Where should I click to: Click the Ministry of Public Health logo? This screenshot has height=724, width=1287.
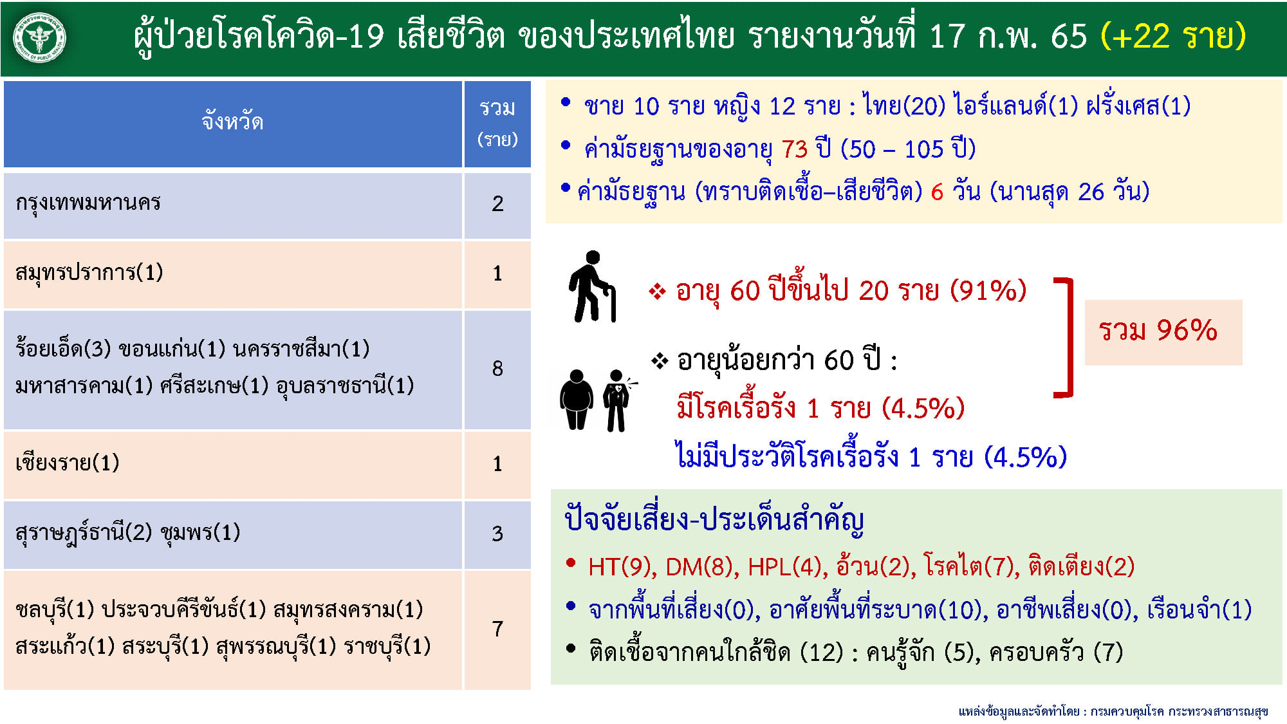point(40,38)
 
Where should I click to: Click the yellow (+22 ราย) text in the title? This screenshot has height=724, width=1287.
point(1173,36)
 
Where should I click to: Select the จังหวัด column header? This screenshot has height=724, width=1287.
point(232,122)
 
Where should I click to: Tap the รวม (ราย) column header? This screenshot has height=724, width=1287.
point(497,122)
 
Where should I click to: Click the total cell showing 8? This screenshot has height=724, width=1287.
point(497,369)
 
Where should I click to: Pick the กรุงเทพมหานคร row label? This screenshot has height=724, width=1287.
point(88,203)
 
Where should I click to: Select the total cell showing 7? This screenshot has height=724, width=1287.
point(497,629)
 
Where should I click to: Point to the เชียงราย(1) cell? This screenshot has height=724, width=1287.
point(68,463)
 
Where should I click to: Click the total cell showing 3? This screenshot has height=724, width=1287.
point(497,534)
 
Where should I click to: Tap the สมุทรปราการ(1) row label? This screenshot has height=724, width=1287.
point(89,273)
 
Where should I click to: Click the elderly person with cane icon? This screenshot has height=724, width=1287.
point(592,286)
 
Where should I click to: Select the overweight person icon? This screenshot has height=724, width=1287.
point(577,400)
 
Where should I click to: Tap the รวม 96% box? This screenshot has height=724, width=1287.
point(1163,332)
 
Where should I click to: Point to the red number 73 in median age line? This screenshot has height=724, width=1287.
point(795,149)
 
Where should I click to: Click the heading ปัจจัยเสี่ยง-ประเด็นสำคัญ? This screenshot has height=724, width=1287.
point(714,519)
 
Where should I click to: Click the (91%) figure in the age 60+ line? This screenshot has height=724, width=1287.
point(988,291)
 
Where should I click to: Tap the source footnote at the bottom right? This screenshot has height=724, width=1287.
point(1113,711)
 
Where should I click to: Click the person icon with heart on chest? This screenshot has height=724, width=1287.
point(616,400)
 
